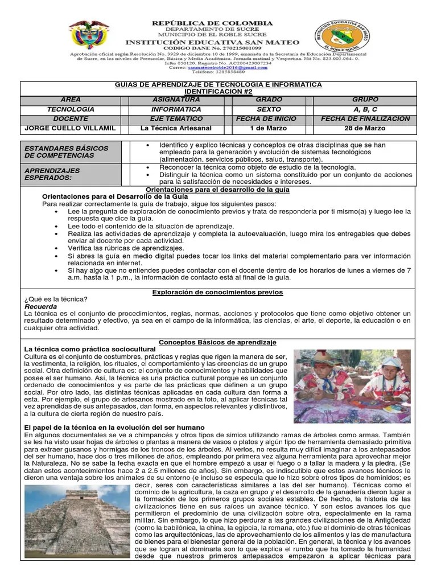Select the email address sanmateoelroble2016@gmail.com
coord(224,67)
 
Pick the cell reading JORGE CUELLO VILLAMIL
coord(71,128)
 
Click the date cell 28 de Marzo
coord(365,128)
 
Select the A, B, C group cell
coord(365,109)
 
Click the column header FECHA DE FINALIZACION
coord(365,118)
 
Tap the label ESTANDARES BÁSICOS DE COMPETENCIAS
coord(66,151)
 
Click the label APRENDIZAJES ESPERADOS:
coord(52,174)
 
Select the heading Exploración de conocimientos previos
coord(218,292)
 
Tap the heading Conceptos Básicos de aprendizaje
coord(218,342)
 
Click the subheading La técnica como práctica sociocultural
coord(90,348)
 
